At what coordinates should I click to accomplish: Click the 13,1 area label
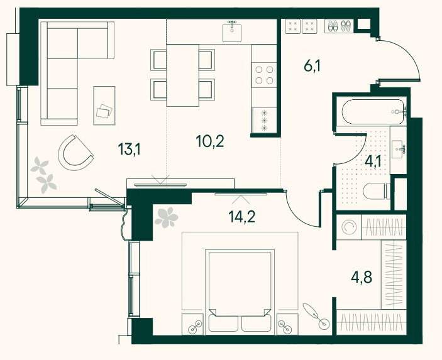(x=129, y=149)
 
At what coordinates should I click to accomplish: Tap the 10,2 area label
(x=210, y=141)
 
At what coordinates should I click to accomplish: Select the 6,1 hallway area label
(x=312, y=67)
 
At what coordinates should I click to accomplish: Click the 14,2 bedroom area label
(x=242, y=217)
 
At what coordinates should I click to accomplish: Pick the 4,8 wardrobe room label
(x=362, y=277)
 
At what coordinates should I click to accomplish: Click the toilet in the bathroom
(x=377, y=191)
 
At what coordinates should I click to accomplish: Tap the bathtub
(x=373, y=112)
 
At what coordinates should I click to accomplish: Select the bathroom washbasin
(x=399, y=150)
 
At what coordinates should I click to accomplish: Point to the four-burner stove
(x=264, y=75)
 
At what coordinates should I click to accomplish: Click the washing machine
(x=349, y=227)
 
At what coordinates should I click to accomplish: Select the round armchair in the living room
(x=75, y=153)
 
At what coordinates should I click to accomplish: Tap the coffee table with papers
(x=104, y=106)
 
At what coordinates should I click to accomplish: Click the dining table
(x=183, y=75)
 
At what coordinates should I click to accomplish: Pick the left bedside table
(x=192, y=324)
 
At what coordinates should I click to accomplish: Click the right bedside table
(x=287, y=324)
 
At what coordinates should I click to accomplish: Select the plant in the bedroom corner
(x=167, y=217)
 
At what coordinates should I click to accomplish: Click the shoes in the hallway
(x=338, y=26)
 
